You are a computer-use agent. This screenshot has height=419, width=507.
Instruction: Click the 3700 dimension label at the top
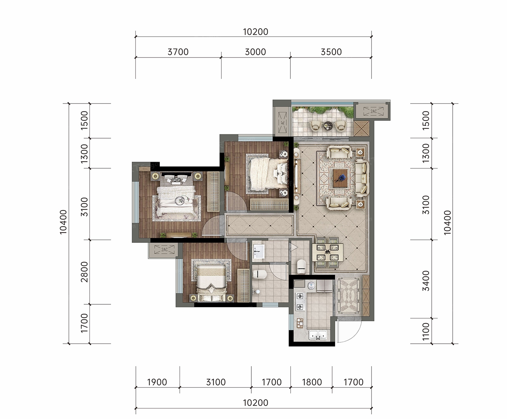click(178, 52)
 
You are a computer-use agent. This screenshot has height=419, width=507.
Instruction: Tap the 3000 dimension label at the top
click(255, 52)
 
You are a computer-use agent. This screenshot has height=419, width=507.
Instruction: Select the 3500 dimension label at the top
click(331, 52)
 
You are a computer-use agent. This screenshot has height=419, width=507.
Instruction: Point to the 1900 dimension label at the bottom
click(157, 382)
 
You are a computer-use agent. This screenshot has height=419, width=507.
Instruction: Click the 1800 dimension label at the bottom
click(312, 382)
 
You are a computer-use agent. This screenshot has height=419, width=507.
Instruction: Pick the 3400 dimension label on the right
click(426, 281)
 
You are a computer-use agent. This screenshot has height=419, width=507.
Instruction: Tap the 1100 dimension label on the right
click(426, 332)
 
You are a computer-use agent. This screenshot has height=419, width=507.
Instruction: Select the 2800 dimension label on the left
click(84, 272)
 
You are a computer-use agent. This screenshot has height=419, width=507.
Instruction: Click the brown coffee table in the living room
click(340, 178)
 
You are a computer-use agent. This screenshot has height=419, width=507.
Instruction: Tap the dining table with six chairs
click(328, 252)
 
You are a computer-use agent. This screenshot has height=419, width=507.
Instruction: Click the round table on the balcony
click(328, 126)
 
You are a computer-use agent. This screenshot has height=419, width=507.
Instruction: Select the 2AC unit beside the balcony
click(373, 111)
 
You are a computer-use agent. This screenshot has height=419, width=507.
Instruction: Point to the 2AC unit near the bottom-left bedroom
click(165, 250)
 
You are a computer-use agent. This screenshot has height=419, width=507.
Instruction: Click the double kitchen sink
click(318, 335)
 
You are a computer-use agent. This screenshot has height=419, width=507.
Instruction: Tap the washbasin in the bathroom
click(259, 251)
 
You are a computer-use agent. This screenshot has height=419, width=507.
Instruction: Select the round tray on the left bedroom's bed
click(180, 200)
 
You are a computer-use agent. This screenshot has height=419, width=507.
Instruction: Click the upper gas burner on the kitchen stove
click(300, 296)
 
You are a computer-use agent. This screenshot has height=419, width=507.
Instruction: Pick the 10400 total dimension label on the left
click(63, 222)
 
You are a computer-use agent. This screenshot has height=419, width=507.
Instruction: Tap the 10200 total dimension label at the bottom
click(255, 403)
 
